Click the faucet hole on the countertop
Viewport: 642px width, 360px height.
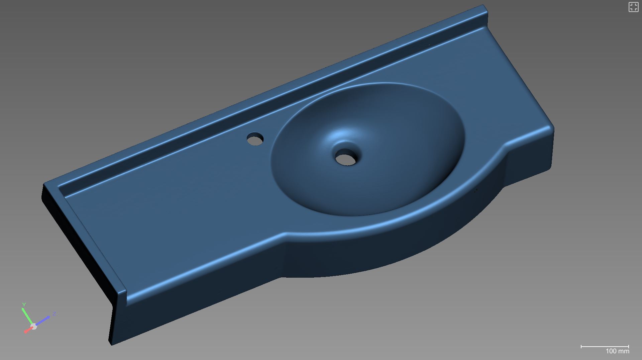255,139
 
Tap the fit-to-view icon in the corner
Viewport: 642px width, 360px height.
633,7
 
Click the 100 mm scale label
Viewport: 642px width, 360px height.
617,351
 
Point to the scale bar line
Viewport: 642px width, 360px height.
605,347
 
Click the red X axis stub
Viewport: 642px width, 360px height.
28,330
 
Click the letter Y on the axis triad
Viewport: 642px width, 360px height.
24,304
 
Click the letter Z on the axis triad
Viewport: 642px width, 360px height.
54,314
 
